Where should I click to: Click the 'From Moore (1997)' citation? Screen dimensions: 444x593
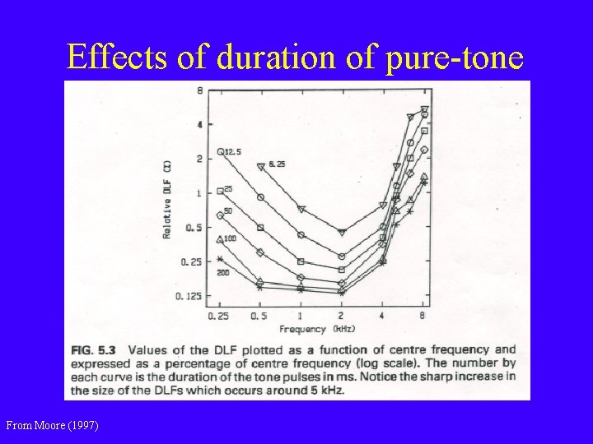(x=52, y=425)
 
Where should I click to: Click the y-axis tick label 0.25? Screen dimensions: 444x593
(x=192, y=261)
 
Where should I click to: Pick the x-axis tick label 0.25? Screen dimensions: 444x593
(x=218, y=316)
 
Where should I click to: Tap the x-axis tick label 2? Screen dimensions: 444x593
(x=342, y=316)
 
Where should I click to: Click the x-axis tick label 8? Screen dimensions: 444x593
(x=423, y=316)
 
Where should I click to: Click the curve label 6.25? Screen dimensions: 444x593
(x=278, y=165)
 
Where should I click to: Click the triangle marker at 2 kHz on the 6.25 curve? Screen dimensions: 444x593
(x=342, y=233)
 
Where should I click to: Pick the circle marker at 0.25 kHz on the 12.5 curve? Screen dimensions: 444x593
(x=220, y=151)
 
